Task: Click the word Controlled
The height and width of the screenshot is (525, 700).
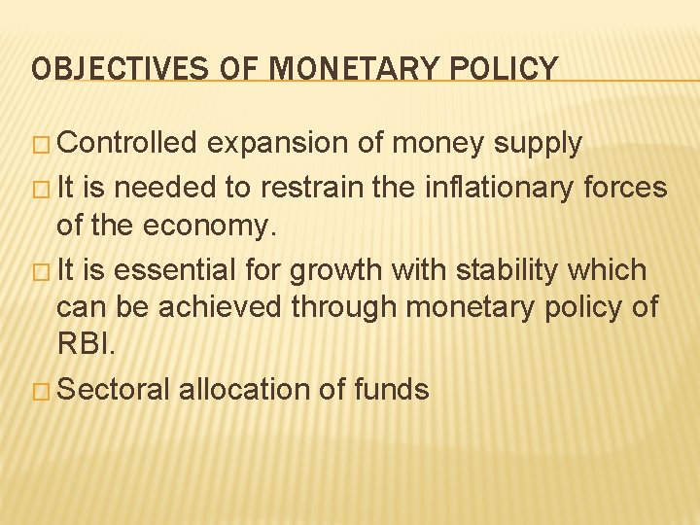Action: pos(127,144)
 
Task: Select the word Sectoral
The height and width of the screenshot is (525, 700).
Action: pos(115,389)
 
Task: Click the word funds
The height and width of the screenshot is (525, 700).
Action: pos(391,389)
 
